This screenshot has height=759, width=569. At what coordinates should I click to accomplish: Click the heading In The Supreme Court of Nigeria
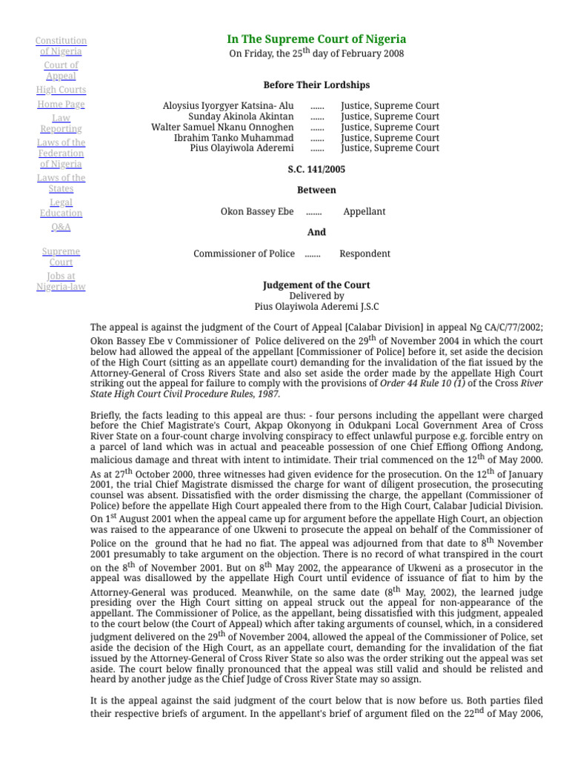point(316,39)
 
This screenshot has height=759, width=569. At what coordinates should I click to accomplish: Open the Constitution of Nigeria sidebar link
point(61,46)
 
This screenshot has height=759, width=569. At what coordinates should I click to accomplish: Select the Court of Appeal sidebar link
point(61,70)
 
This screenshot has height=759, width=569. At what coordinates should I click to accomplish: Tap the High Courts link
point(61,90)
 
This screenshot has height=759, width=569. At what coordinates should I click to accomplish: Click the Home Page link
point(61,105)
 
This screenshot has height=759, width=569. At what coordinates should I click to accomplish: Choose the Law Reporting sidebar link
point(61,123)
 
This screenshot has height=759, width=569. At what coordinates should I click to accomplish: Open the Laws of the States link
point(61,183)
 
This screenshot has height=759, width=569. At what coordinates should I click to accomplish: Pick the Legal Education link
point(61,208)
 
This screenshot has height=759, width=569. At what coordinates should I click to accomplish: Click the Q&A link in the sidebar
point(61,227)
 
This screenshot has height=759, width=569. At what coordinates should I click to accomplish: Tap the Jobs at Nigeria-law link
point(61,282)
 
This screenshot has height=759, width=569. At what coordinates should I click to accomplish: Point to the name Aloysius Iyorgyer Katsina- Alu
point(228,106)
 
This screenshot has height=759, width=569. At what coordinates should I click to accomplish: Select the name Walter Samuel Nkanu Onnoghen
point(222,127)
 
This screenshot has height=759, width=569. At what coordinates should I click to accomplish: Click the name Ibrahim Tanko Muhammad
point(233,138)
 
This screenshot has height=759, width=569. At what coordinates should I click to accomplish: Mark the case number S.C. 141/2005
point(316,169)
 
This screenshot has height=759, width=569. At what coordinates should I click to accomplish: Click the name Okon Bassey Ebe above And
point(257,211)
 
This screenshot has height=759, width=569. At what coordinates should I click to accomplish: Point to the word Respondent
point(365,253)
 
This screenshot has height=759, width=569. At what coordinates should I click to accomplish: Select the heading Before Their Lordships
point(316,85)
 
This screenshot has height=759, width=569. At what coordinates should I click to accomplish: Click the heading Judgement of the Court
point(316,285)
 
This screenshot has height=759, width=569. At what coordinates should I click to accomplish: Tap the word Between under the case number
point(316,190)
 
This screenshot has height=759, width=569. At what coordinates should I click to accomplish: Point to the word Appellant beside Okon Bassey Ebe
point(364,211)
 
